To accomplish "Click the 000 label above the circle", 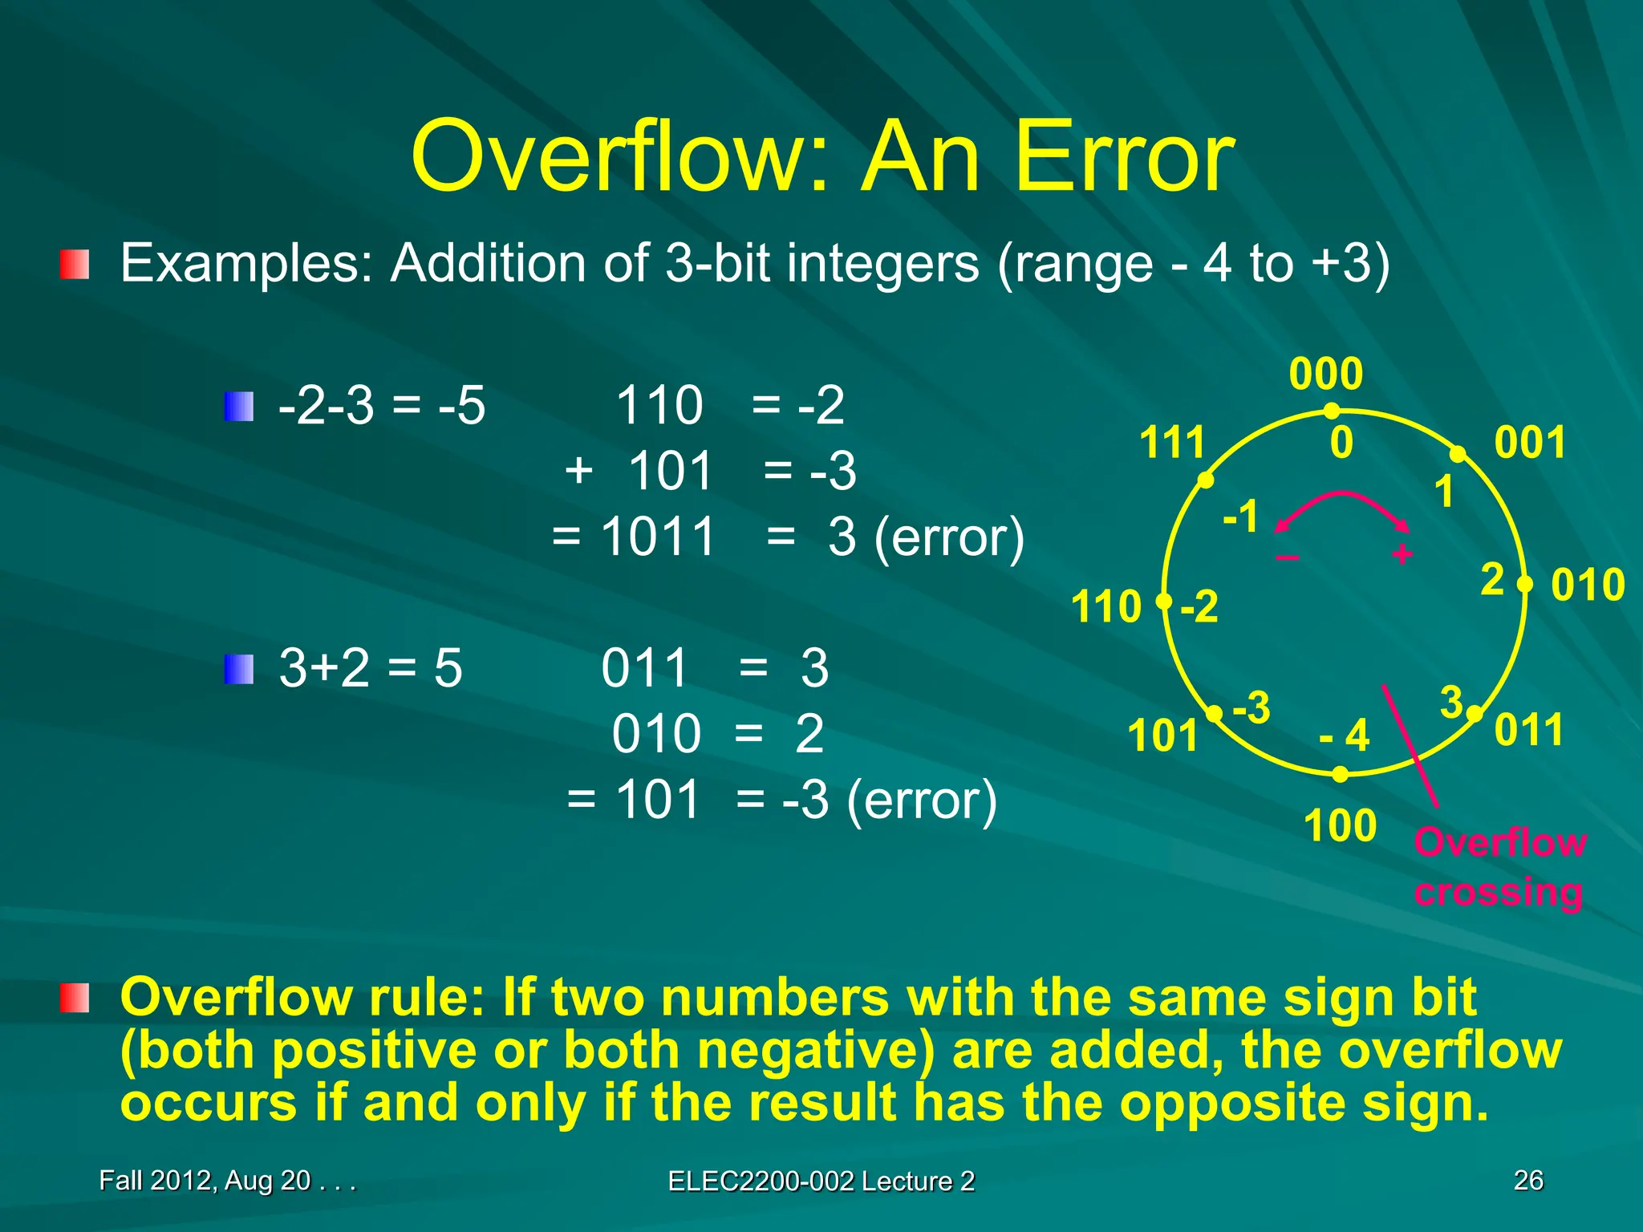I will coord(1325,374).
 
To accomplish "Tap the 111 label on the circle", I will coord(1172,443).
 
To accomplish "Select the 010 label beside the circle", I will coord(1588,585).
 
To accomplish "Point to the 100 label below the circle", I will coord(1340,826).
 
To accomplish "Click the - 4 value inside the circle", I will coord(1345,735).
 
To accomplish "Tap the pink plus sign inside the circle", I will coord(1402,554).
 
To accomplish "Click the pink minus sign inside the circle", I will coord(1287,557).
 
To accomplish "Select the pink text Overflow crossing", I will coord(1499,867).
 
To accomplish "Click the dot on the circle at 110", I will coord(1164,602).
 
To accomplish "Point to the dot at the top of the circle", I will coord(1332,411).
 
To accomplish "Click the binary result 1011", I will coord(658,536).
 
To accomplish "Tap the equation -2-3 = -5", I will coord(382,405).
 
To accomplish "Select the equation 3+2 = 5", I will coord(371,667).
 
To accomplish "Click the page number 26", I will coord(1527,1180).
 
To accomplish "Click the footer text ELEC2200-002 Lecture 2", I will coord(821,1181).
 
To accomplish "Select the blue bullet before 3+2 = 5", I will coord(239,669).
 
